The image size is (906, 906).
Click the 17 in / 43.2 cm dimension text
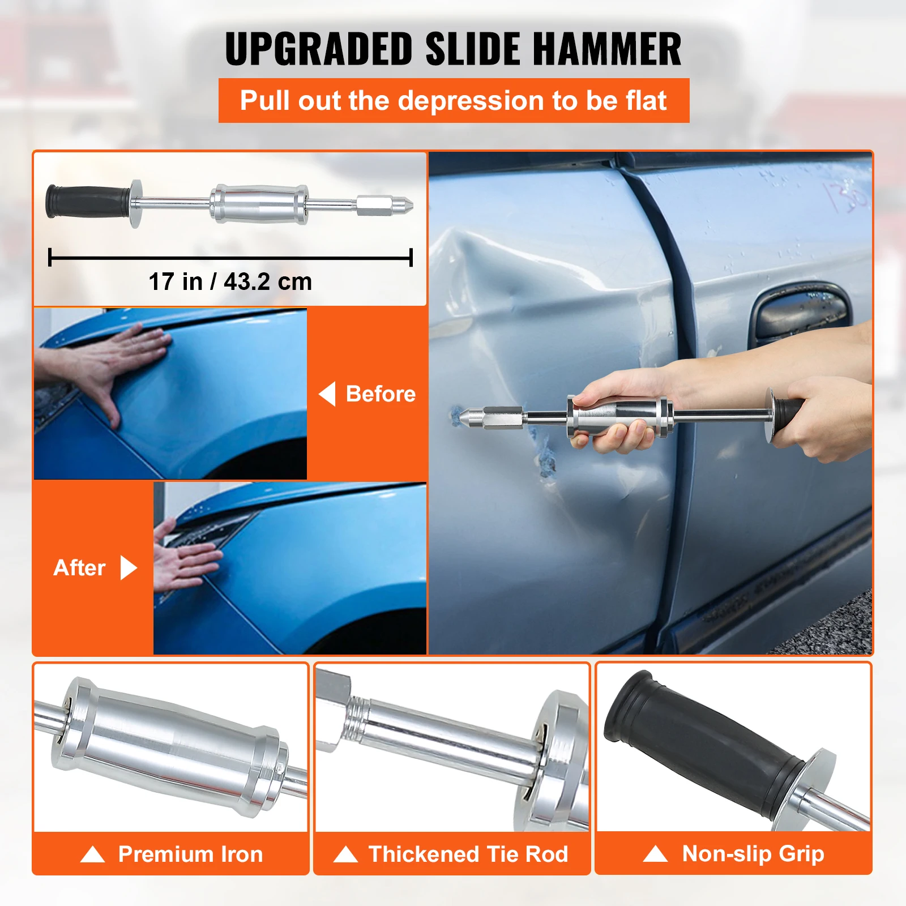coord(230,281)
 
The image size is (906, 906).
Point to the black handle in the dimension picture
coord(88,202)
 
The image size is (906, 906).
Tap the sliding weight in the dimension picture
coord(259,204)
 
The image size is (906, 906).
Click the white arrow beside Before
coord(327,394)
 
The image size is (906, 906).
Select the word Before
coord(381,394)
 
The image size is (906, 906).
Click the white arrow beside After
coord(129,567)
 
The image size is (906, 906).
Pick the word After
coord(79,567)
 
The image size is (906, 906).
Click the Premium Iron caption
coord(190,854)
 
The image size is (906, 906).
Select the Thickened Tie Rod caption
coord(468,854)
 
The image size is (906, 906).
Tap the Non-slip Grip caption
coord(753,853)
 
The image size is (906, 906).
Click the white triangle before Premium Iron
coord(93,854)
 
